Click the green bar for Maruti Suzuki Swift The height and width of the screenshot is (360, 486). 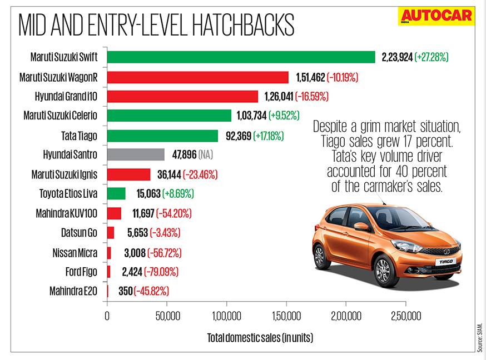coord(241,57)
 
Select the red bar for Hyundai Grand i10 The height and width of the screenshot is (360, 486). coord(182,96)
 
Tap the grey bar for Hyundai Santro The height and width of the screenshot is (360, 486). coord(136,154)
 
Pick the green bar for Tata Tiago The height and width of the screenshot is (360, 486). coord(162,136)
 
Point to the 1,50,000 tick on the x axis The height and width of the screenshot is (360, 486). coord(286,317)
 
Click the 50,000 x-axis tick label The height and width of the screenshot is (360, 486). coord(166,317)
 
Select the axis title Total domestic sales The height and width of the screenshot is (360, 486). coord(260,337)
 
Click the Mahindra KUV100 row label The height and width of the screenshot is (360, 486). coord(68,213)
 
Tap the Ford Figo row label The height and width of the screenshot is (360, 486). coord(81,272)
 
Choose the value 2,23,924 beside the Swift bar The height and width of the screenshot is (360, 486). coord(397,57)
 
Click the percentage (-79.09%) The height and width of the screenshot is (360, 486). coord(162,272)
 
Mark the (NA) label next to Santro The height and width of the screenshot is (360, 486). coord(205,154)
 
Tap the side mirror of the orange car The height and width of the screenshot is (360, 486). coord(361,227)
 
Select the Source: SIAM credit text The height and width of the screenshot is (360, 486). coord(479,337)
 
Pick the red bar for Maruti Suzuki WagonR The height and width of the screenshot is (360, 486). coord(197,77)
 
